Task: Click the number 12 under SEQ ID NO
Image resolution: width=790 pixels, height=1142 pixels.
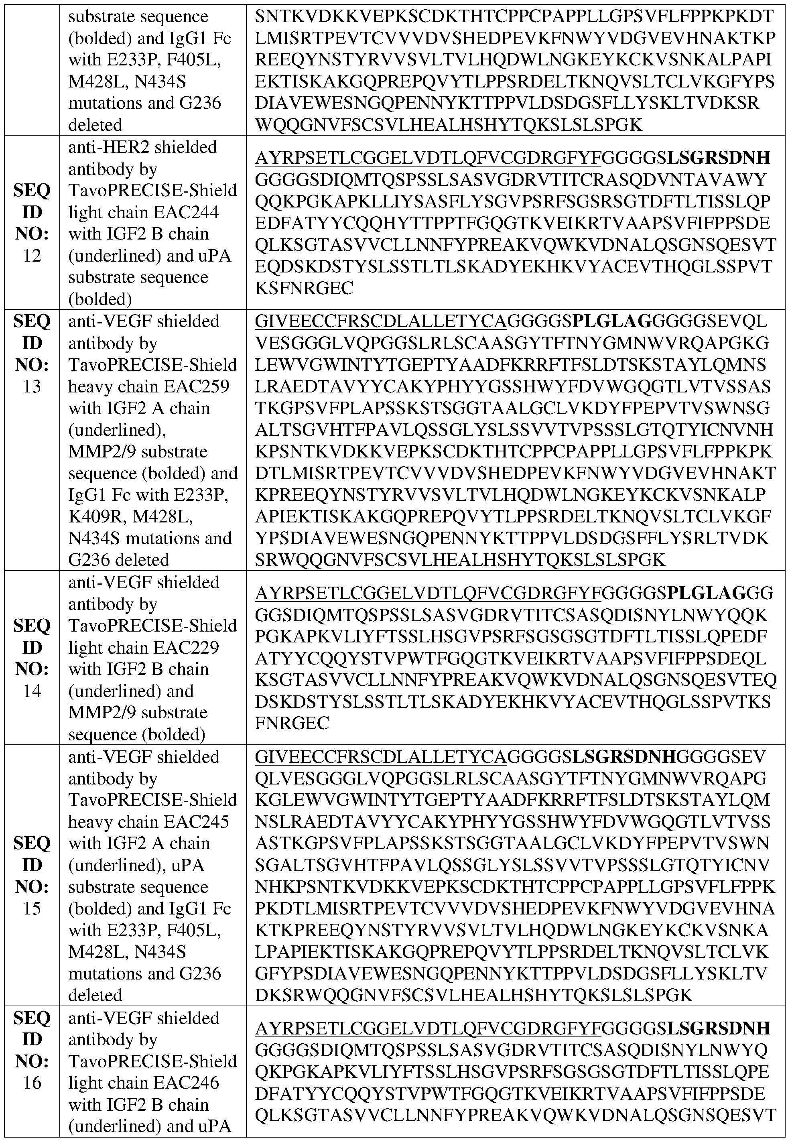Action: tap(32, 256)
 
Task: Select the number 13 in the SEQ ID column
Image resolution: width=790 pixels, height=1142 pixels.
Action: tap(32, 386)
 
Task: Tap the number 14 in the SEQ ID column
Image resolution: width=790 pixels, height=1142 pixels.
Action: tap(32, 691)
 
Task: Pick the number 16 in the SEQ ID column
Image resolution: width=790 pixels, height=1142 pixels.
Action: tap(32, 1083)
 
